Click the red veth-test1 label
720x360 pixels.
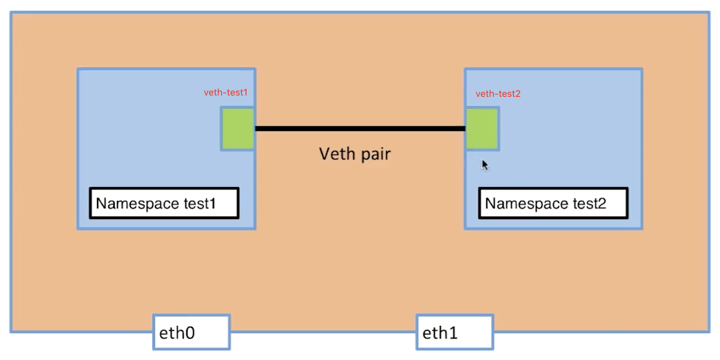(x=226, y=93)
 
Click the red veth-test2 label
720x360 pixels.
(x=498, y=94)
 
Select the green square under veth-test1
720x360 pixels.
(x=238, y=129)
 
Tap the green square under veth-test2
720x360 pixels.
(x=482, y=128)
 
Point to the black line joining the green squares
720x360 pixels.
(x=359, y=128)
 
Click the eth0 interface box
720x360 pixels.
(x=191, y=332)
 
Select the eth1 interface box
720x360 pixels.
(x=455, y=332)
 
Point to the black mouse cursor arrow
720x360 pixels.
(x=485, y=164)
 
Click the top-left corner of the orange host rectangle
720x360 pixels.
(x=11, y=13)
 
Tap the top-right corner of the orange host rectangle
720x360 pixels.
(x=708, y=13)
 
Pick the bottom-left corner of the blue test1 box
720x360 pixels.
(x=79, y=228)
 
